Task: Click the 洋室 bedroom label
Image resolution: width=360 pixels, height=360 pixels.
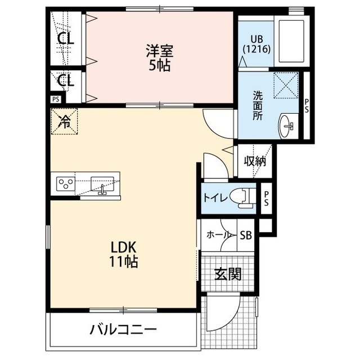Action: (x=159, y=58)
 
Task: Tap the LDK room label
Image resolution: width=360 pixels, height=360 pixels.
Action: (x=124, y=254)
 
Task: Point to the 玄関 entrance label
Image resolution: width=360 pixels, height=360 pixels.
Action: (x=228, y=274)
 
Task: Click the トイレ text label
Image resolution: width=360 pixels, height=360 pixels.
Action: (x=215, y=197)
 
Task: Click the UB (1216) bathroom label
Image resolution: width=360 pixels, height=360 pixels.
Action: (x=256, y=44)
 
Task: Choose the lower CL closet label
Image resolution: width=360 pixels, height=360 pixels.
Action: (x=66, y=80)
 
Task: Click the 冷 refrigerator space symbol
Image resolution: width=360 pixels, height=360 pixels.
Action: (x=65, y=121)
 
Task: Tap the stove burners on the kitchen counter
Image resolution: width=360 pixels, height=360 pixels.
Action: (x=66, y=183)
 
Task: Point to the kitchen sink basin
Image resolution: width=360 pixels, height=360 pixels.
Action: (x=103, y=184)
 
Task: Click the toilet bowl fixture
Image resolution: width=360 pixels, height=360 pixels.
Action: (x=245, y=197)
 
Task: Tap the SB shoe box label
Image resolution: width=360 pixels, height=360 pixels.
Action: (x=245, y=235)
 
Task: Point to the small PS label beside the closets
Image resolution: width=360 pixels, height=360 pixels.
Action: (x=55, y=99)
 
